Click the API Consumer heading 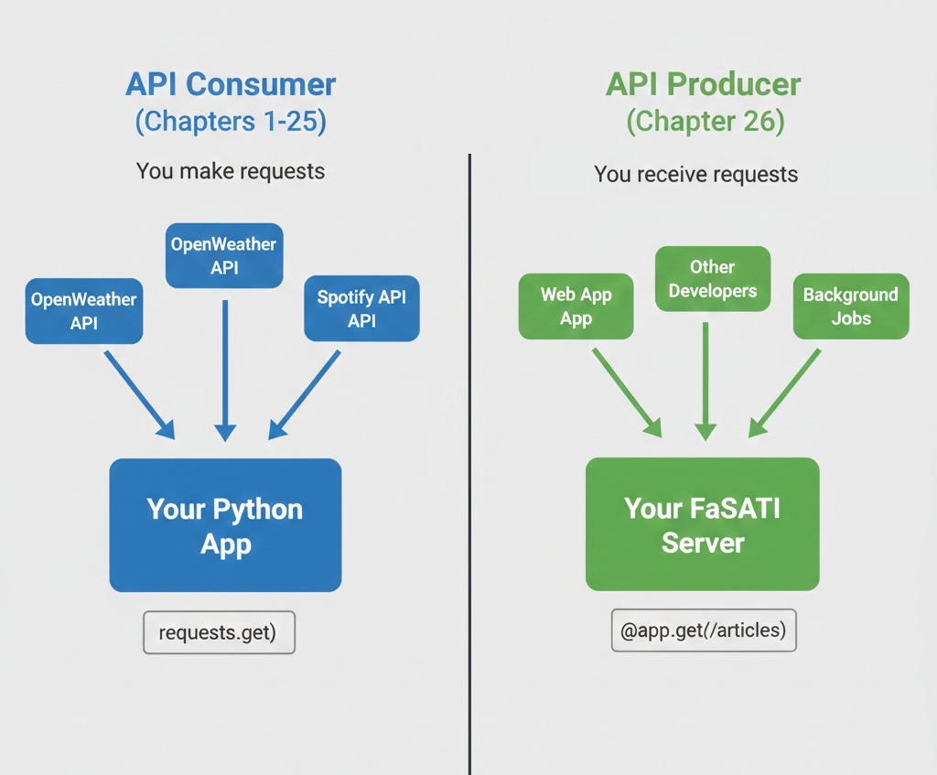pos(231,85)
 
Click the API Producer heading pos(703,85)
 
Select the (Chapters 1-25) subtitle pos(231,122)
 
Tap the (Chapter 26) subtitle pos(705,122)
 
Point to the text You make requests pos(231,171)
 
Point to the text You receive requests pos(695,174)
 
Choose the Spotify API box pos(361,308)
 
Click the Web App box pos(576,307)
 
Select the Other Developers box pos(712,279)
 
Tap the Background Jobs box pos(850,307)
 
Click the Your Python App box pos(225,525)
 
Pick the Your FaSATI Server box pos(702,524)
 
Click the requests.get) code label pos(219,632)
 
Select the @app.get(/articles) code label pos(703,630)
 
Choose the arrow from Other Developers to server pos(705,380)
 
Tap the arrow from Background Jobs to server pos(785,392)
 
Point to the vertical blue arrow pos(225,366)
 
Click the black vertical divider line pos(469,457)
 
